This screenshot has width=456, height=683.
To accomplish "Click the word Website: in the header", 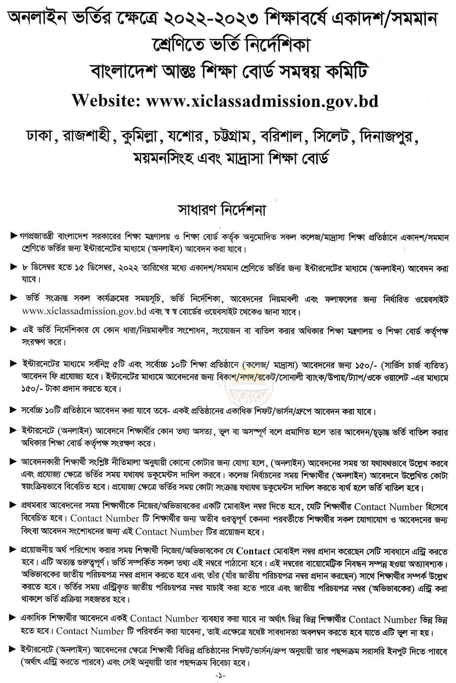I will point(106,100).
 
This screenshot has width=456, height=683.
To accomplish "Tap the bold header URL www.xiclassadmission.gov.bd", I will point(262,100).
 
